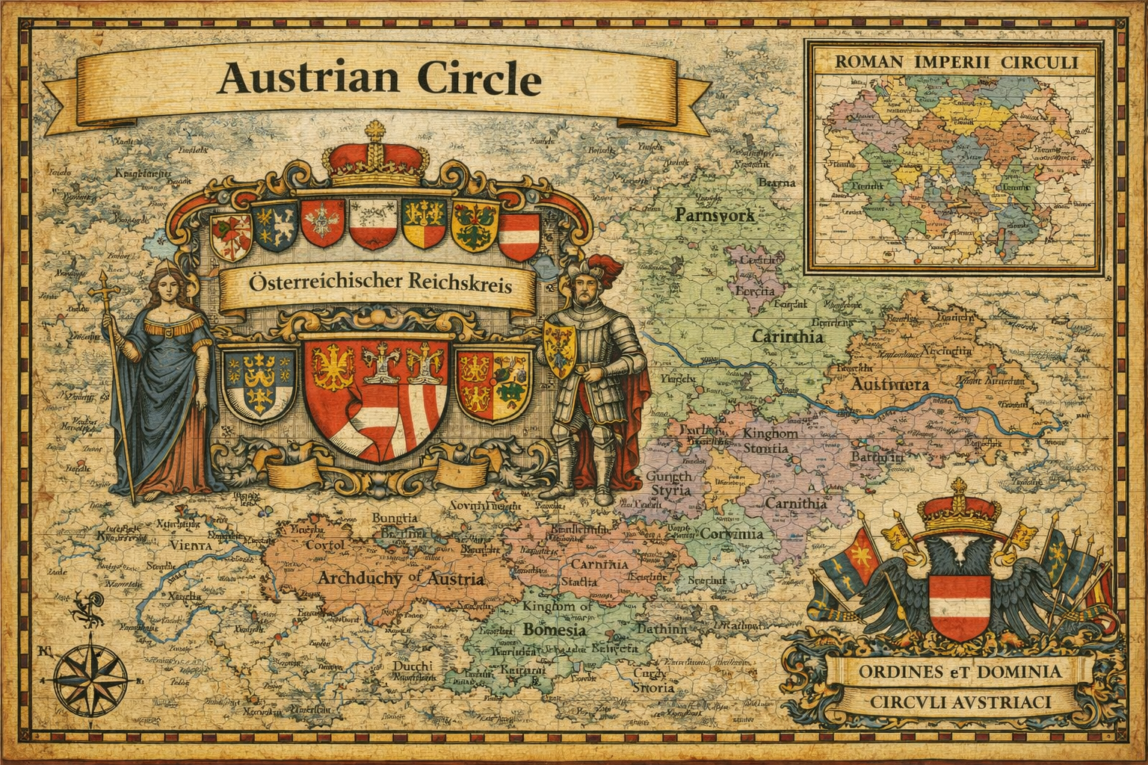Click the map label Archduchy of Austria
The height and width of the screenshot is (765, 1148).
coord(400,579)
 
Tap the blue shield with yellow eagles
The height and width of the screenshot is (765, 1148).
coord(259,381)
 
